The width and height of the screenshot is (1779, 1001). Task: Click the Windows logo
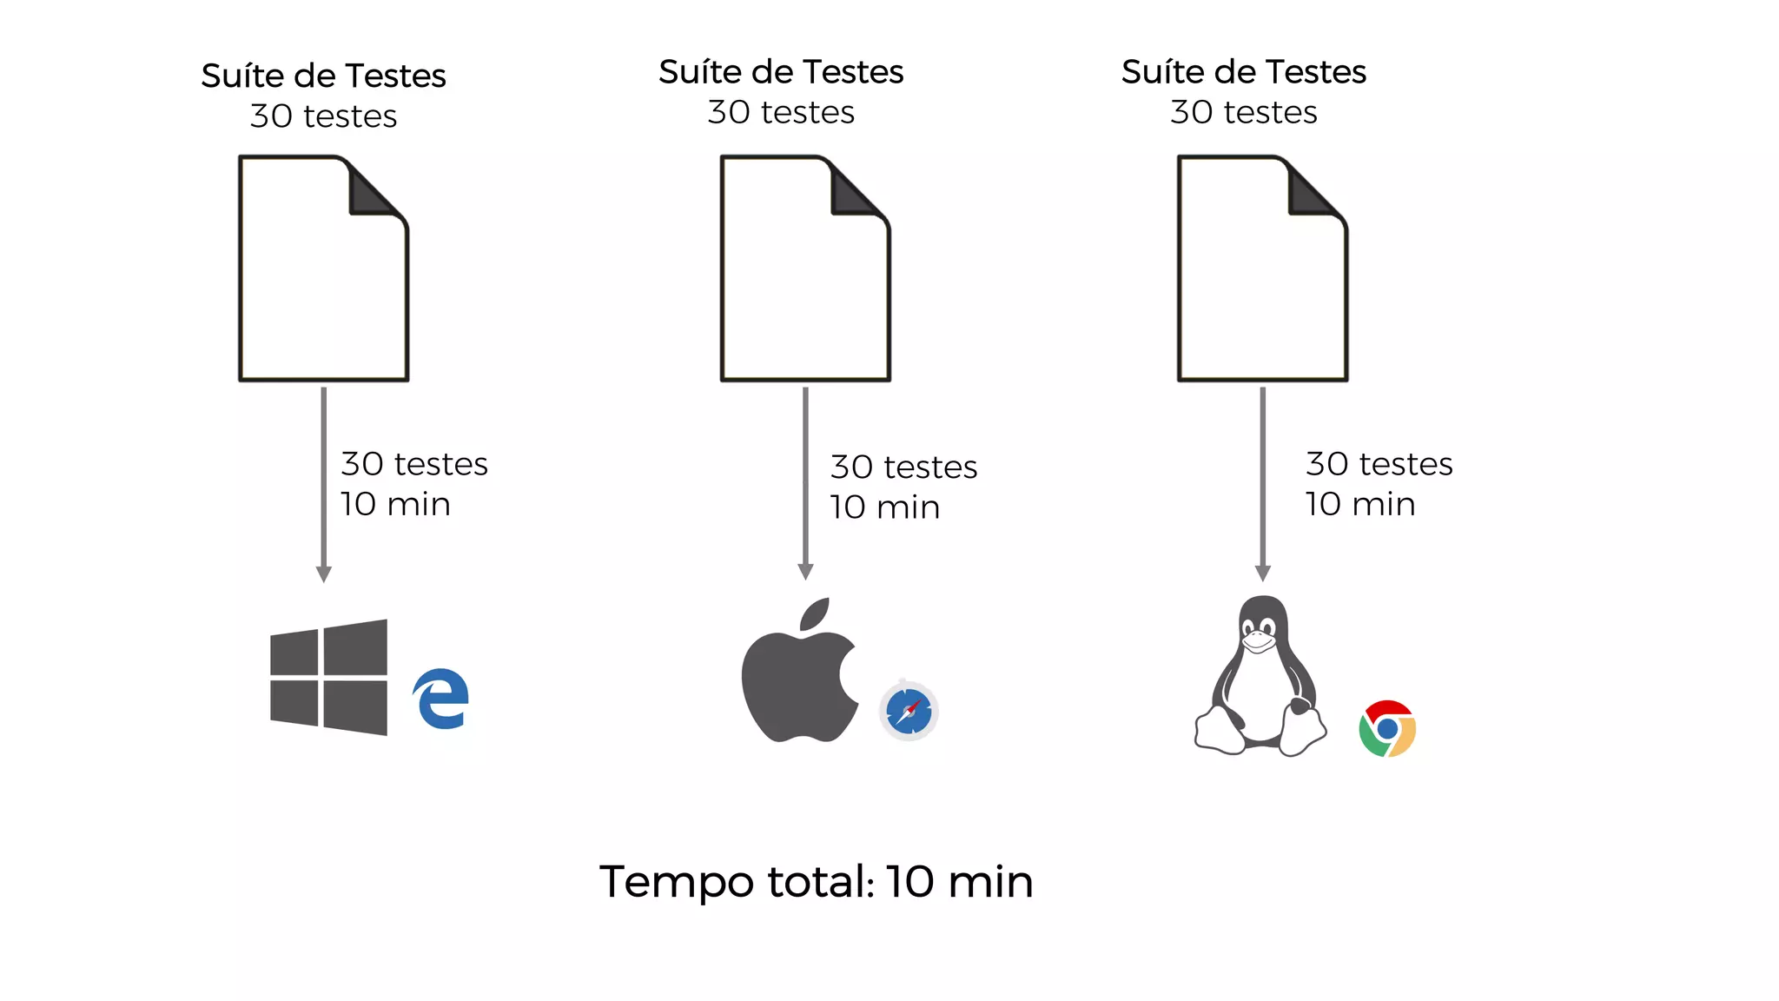[x=328, y=677]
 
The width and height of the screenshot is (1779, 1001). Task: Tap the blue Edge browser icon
[x=442, y=699]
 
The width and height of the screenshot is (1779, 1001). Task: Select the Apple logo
[x=799, y=673]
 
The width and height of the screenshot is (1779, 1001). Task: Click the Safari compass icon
[x=909, y=712]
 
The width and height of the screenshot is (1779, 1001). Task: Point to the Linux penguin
[x=1260, y=678]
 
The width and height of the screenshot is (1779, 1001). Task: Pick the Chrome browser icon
[x=1387, y=728]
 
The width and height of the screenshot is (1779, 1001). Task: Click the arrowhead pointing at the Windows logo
[x=324, y=574]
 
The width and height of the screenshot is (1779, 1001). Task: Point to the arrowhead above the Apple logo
[x=805, y=572]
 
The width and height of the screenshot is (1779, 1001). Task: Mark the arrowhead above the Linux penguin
[x=1263, y=573]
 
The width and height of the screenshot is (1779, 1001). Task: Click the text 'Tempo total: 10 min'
[x=816, y=882]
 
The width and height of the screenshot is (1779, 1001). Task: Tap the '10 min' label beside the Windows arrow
[x=395, y=504]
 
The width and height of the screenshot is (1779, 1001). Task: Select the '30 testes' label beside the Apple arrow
[x=903, y=467]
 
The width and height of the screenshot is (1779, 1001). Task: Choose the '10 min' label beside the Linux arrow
[x=1360, y=504]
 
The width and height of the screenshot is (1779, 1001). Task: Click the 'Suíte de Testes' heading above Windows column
[x=323, y=76]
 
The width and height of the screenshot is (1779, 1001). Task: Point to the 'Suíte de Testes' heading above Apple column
[x=781, y=72]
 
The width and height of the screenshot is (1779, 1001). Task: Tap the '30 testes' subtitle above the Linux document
[x=1243, y=112]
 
